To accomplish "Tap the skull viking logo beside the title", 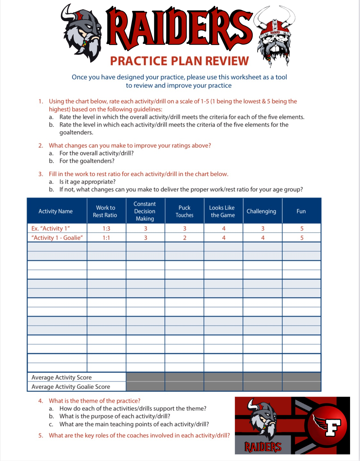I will tap(274, 35).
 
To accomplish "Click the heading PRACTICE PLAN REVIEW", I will tap(179, 61).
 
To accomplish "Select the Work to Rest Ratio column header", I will tap(105, 211).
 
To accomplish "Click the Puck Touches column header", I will tap(184, 211).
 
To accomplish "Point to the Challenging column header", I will tap(261, 211).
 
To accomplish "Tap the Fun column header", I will tap(301, 211).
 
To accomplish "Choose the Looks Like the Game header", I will tap(223, 211).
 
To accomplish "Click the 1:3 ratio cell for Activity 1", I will tap(106, 228).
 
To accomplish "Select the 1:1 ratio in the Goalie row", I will tap(106, 238).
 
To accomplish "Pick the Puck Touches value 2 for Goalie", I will tap(185, 238).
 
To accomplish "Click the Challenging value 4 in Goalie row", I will tap(263, 238).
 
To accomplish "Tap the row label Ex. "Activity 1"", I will tap(51, 228).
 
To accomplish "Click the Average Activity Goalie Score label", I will tap(71, 387).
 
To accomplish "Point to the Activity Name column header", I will tap(56, 211).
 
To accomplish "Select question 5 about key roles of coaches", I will tap(139, 435).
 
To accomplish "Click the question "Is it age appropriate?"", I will tap(87, 182).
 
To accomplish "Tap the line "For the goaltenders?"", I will tap(87, 161).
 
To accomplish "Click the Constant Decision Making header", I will tap(145, 211).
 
